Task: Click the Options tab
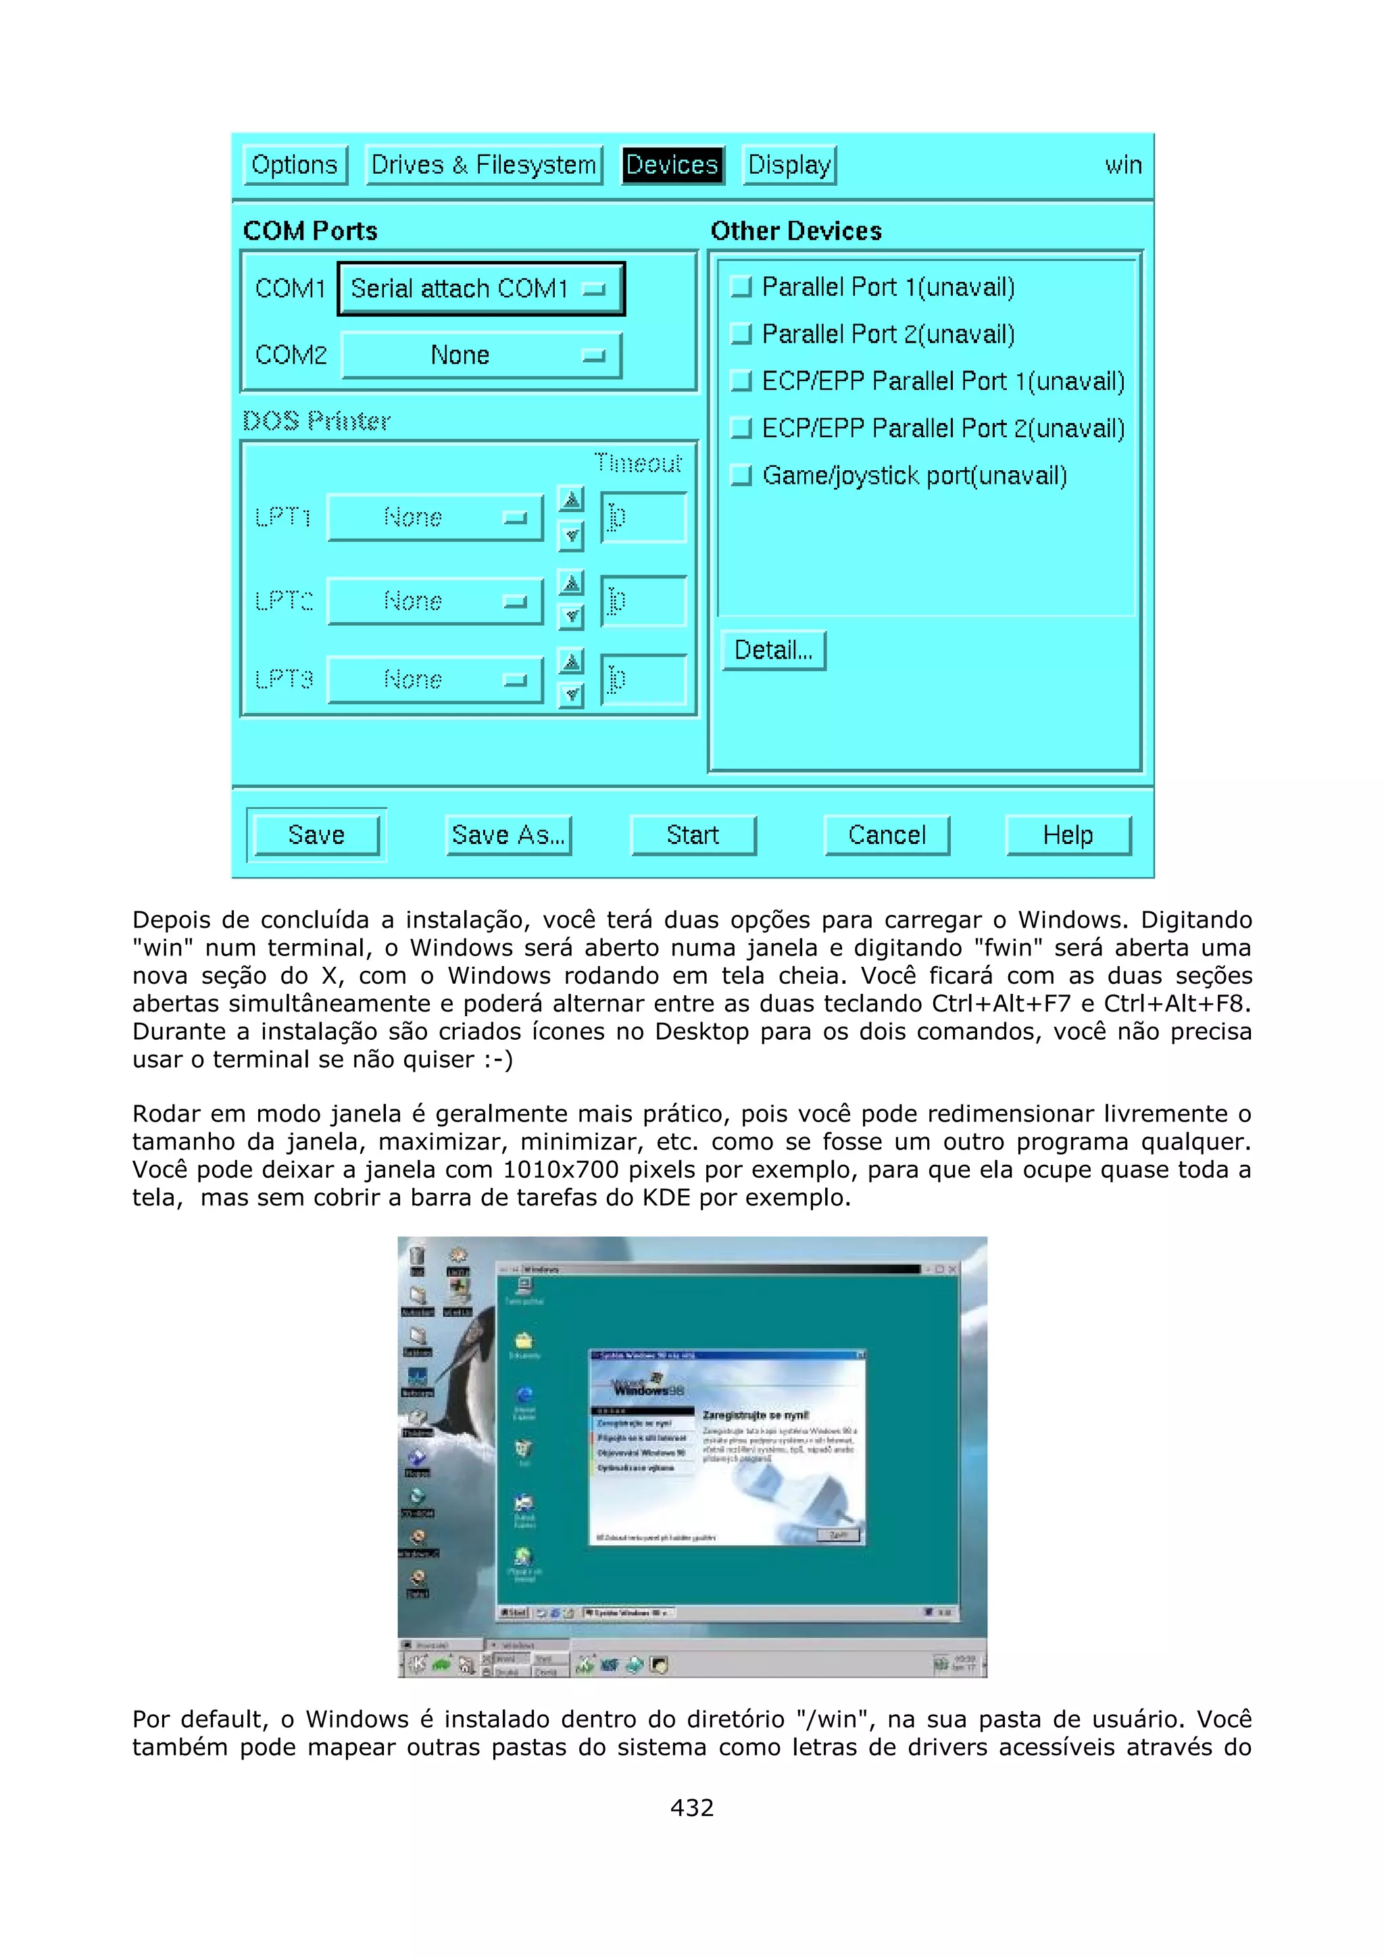295,165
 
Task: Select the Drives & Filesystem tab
483,165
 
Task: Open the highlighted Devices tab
672,165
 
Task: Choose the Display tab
789,165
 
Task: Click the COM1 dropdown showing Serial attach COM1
481,289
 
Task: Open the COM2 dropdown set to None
481,355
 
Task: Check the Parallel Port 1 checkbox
742,286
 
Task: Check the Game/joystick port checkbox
742,475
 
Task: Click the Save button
316,835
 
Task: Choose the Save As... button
508,835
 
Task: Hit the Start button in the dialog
693,835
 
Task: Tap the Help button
1068,835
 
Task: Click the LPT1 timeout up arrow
571,498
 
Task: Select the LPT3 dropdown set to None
435,680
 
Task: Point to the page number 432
691,1807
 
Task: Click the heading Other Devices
795,231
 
